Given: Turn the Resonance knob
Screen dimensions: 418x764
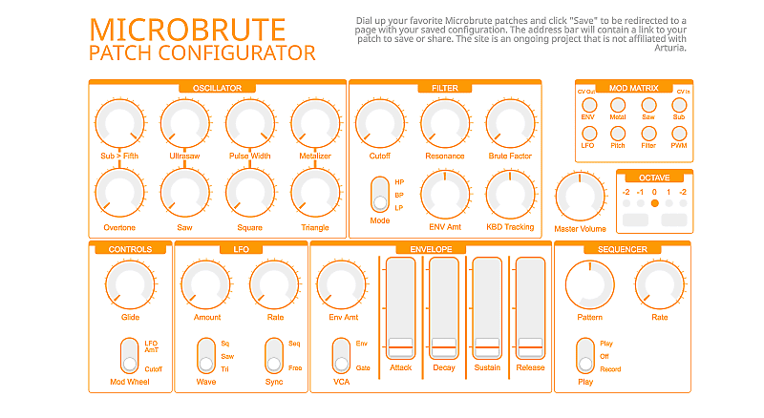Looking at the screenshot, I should (x=444, y=125).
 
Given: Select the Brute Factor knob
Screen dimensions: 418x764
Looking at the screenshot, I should (x=509, y=125).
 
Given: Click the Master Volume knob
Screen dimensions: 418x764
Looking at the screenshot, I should (x=581, y=197).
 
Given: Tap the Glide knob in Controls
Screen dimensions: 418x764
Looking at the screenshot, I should (x=130, y=287).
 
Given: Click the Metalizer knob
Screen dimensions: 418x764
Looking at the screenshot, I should (x=315, y=125).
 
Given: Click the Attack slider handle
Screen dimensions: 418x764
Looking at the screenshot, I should (x=399, y=345).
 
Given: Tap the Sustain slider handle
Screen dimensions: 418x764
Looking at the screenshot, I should (x=487, y=345).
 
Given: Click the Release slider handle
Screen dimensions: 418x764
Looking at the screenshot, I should (x=530, y=345).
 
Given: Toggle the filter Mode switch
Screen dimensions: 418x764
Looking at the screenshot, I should (x=380, y=195).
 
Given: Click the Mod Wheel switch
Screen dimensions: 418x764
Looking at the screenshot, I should (x=129, y=356).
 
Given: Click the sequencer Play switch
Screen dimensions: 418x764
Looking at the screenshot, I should (x=584, y=356).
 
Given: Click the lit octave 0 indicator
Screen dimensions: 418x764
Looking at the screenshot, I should (x=654, y=203).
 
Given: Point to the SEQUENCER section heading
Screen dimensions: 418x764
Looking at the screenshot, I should (x=624, y=249).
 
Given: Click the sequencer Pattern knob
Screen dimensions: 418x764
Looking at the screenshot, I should (x=589, y=287).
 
